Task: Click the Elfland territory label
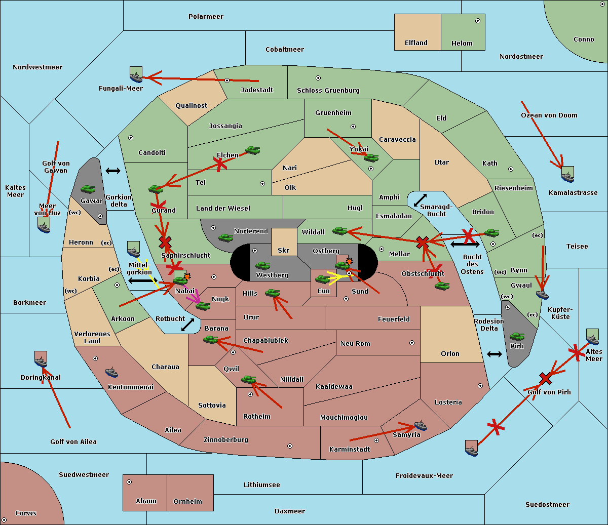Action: pos(416,43)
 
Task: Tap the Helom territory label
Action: pos(462,44)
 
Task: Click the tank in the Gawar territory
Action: pos(88,189)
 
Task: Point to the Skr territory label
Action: pos(283,250)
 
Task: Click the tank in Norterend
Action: pos(225,237)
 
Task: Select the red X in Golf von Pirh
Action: pos(545,378)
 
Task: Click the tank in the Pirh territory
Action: pos(517,337)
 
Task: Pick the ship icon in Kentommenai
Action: pos(112,372)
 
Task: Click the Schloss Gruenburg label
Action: pos(328,91)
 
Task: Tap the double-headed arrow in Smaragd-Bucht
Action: pos(420,200)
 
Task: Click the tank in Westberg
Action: pos(262,266)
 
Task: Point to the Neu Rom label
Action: pos(355,343)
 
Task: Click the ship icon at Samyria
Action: pos(421,425)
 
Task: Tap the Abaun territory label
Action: pos(146,501)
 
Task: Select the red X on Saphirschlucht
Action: pos(165,243)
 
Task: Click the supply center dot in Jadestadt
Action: pos(227,80)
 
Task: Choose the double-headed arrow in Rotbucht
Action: pos(187,325)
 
